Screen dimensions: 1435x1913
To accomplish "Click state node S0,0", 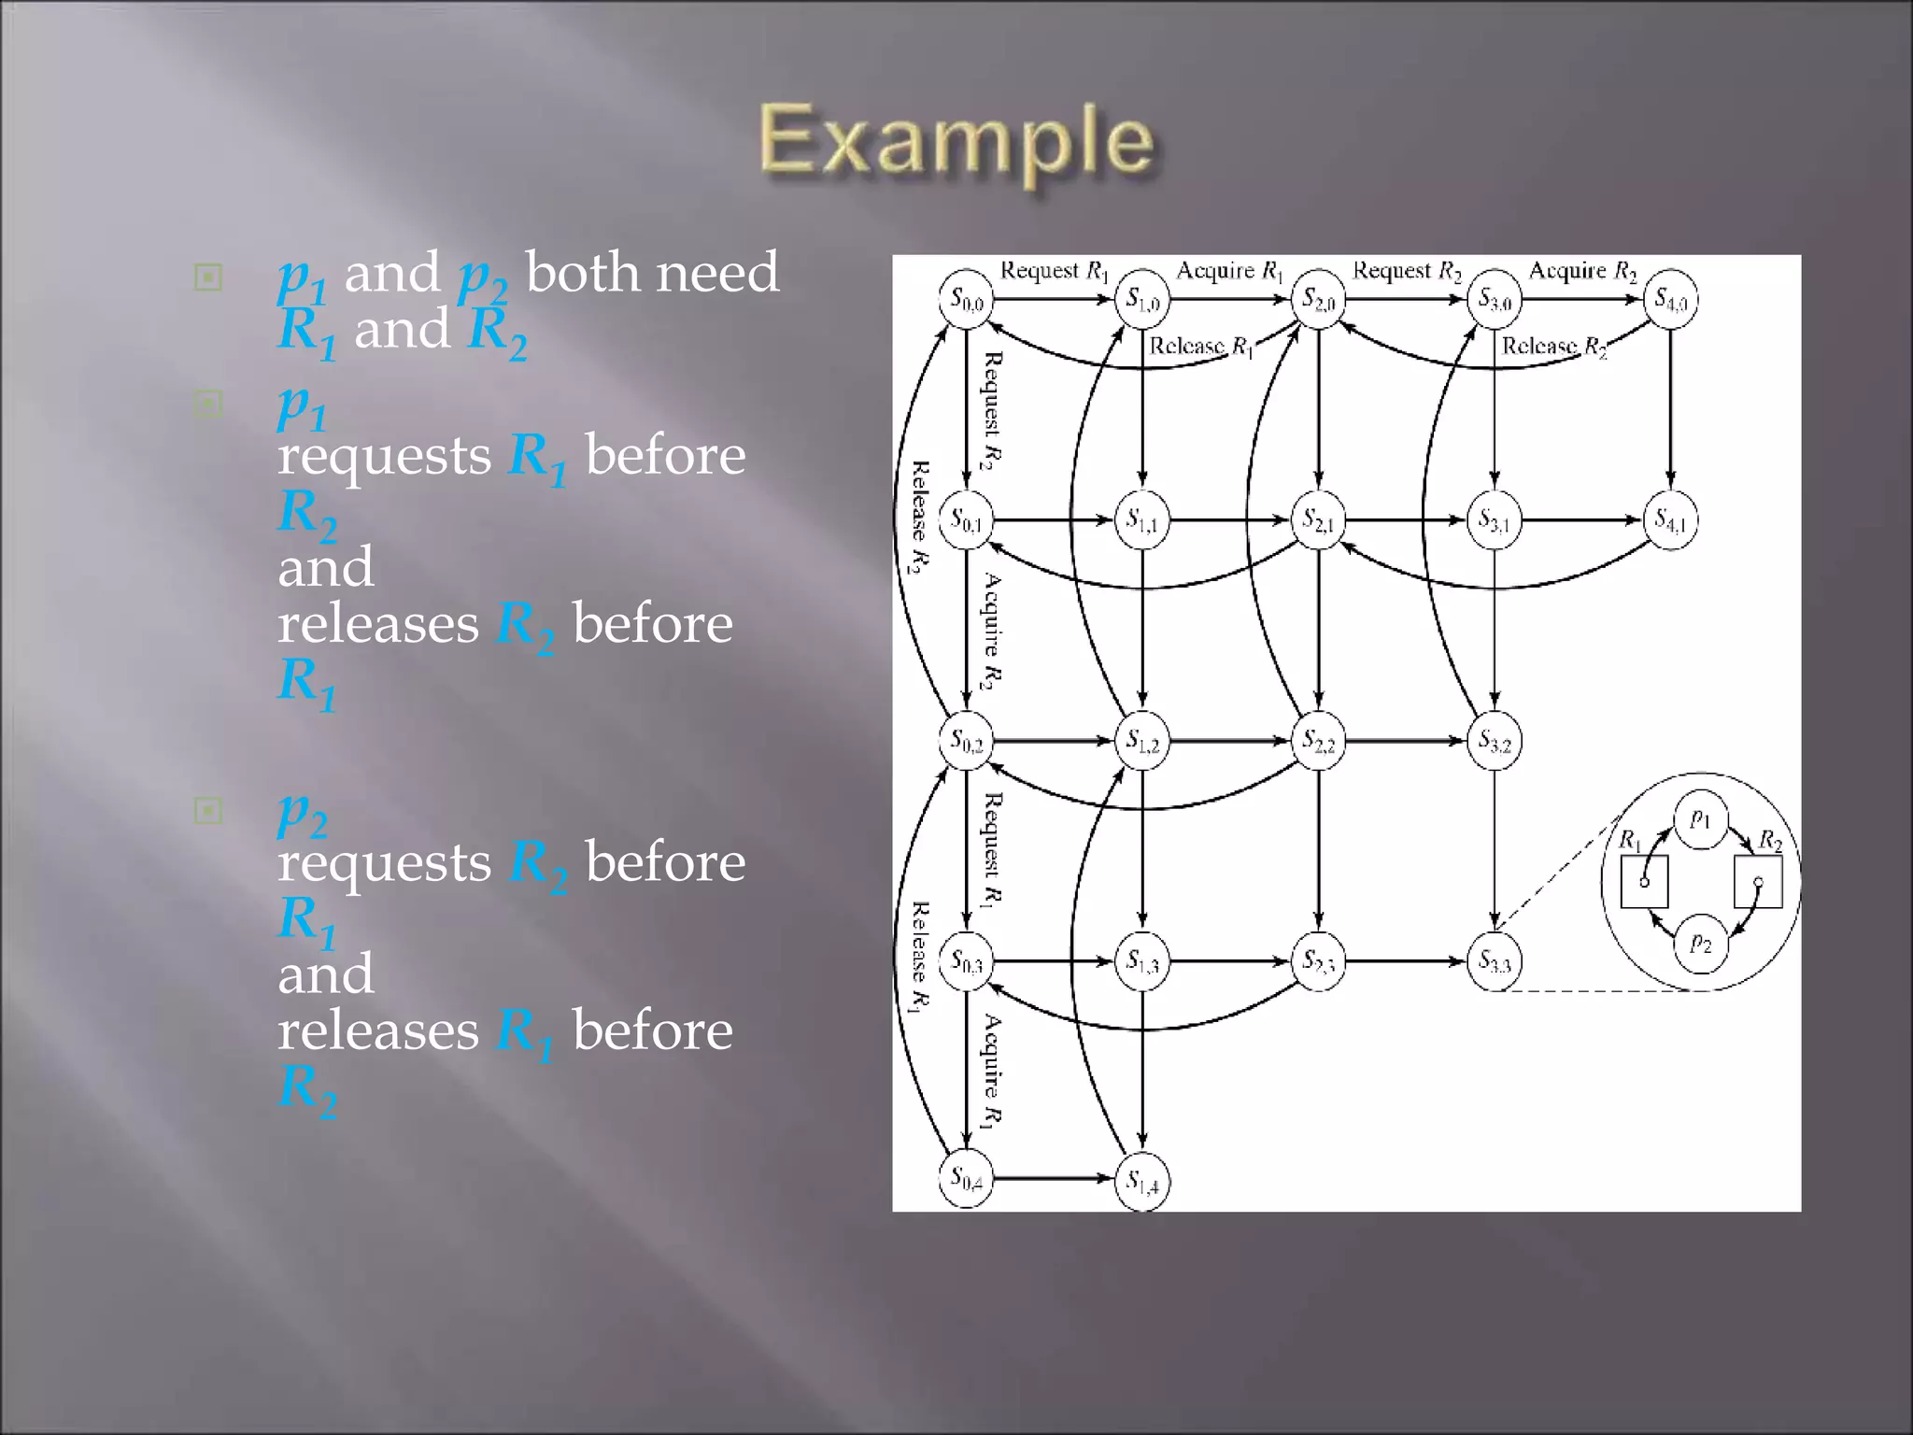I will click(966, 300).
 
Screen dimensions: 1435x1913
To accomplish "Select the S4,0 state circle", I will click(1670, 300).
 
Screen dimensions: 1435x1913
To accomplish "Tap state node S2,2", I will click(1318, 741).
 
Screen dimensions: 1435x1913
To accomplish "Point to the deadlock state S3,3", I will click(1495, 961).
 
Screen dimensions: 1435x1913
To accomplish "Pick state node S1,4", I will click(1142, 1182).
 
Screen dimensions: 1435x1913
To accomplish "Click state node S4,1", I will click(1670, 519).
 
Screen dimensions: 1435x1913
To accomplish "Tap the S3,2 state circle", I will click(1495, 741).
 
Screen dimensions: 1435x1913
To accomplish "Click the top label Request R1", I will click(1054, 271).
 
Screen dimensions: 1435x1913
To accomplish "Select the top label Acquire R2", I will click(1582, 271).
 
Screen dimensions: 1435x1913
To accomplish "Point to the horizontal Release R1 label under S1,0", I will click(1200, 347).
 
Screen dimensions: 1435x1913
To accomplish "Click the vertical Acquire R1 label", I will click(992, 1071).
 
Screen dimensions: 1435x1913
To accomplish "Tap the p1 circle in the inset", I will click(1701, 820).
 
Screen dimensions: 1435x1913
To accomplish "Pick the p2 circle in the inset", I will click(1701, 944).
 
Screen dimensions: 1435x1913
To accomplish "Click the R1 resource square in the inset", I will click(1644, 882).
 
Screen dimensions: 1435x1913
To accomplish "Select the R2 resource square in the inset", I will click(1758, 882).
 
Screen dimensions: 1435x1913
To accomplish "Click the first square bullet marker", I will click(208, 277).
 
